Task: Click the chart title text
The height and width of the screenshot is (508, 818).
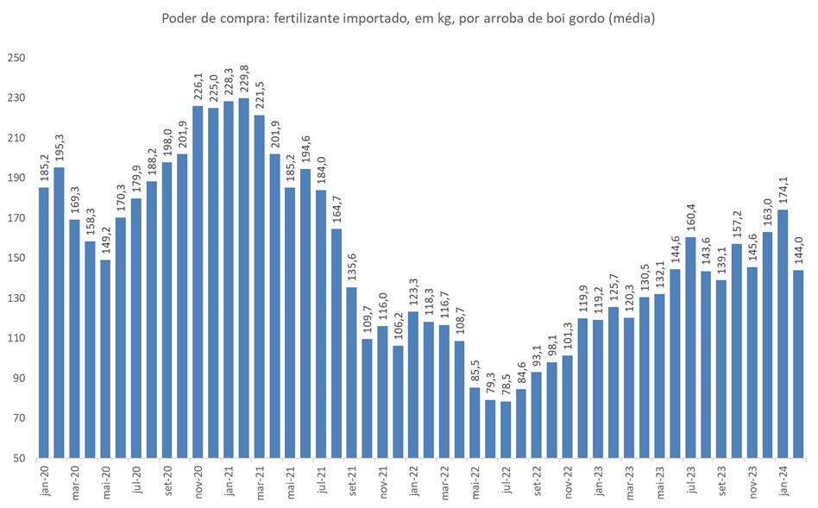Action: click(409, 18)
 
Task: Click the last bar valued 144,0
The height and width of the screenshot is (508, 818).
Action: click(798, 362)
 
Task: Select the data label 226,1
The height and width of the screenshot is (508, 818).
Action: click(198, 85)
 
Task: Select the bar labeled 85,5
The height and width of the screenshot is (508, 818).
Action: click(475, 422)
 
